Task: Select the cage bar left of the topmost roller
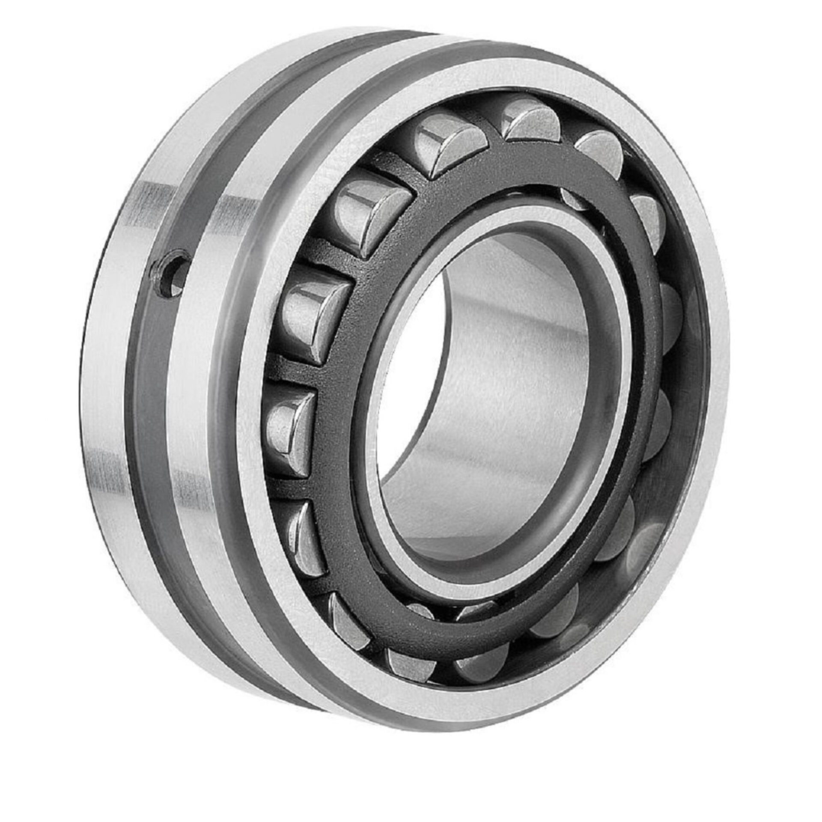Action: tap(492, 141)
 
